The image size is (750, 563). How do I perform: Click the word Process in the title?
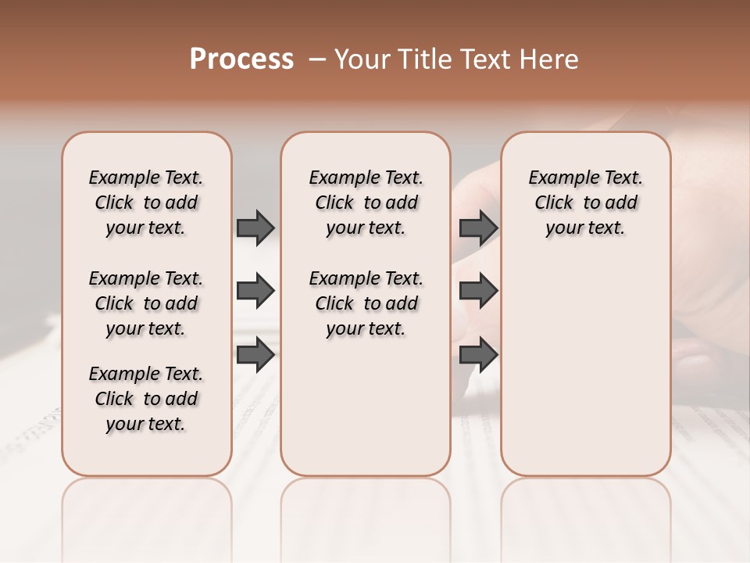[241, 59]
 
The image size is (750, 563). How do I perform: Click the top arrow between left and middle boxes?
[255, 228]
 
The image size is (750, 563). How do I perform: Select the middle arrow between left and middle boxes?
[255, 292]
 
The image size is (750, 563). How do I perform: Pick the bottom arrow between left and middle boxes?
[255, 354]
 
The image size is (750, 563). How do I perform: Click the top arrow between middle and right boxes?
[478, 228]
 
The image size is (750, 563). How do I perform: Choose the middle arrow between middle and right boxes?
[478, 292]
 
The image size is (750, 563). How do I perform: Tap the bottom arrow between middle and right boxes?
[478, 354]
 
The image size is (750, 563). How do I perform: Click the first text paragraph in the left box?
[146, 203]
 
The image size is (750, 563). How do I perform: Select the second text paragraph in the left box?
[146, 303]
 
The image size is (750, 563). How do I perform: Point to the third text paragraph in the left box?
[146, 399]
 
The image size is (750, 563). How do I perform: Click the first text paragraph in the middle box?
[366, 203]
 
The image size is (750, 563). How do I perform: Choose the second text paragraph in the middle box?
[366, 303]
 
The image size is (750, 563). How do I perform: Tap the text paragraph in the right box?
[585, 203]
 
